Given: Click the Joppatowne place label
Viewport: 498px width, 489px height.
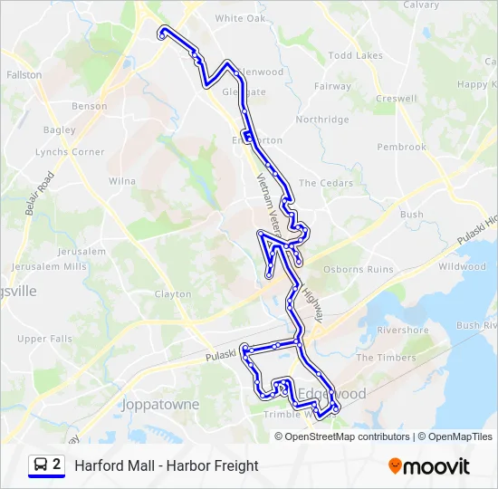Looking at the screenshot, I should [x=160, y=404].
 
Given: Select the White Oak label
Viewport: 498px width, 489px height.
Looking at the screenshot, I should [x=241, y=18].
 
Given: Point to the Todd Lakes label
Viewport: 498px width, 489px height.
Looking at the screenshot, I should [x=356, y=55].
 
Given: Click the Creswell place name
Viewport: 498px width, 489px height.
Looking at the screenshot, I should [x=397, y=99].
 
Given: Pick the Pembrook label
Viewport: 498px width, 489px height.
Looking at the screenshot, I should [x=401, y=147].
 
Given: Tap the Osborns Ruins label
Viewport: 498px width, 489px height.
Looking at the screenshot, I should [x=359, y=269].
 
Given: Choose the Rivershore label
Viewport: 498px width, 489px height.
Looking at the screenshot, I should [x=403, y=331].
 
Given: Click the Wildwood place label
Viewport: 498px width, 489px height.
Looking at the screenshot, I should [x=462, y=267].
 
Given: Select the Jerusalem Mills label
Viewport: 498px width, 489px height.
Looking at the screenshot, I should [x=50, y=267].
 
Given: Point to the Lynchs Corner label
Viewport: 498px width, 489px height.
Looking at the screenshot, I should [x=70, y=152].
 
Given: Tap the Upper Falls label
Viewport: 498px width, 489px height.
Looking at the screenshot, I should [x=44, y=340].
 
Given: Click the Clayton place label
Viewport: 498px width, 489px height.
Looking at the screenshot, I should [x=173, y=294].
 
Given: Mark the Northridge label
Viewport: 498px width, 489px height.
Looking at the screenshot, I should [x=322, y=120].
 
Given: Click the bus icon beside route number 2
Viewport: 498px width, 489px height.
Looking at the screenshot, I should [x=40, y=465].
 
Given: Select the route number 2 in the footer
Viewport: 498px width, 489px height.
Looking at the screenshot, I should [x=57, y=465].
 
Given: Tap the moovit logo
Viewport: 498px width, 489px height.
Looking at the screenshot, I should [x=429, y=466].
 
